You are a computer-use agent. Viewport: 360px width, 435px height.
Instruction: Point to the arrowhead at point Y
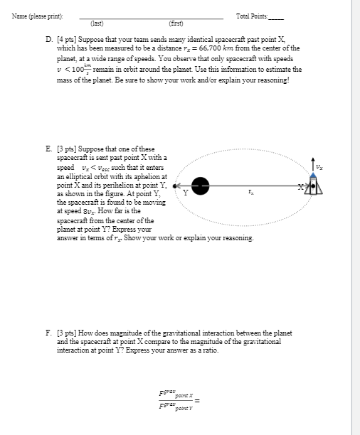[x=176, y=185]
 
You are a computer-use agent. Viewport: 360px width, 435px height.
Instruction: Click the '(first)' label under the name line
[x=175, y=23]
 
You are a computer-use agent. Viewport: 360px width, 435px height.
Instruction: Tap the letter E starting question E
[x=47, y=149]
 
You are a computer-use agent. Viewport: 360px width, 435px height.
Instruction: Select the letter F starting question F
[x=47, y=333]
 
